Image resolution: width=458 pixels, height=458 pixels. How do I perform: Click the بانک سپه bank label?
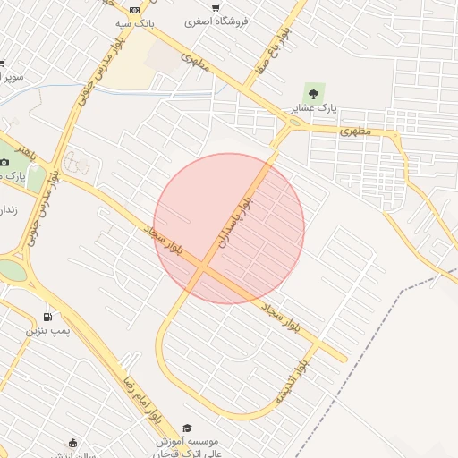coord(134,23)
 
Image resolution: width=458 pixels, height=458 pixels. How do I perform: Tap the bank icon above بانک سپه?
coord(134,9)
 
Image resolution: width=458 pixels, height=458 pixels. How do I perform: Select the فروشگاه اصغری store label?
coord(216,21)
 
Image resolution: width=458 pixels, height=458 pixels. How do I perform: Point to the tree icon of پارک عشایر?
coord(313,91)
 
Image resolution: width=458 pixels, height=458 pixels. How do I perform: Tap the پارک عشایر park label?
coord(313,107)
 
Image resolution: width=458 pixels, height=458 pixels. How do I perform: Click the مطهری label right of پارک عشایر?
coord(355,131)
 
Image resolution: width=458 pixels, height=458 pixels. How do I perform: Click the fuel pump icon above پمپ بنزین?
coord(47,317)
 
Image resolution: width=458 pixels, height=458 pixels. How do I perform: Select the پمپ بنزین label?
coord(46,332)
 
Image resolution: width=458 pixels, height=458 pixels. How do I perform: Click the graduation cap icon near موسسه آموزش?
coord(187,428)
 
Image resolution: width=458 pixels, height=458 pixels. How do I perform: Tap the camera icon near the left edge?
coord(4,162)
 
